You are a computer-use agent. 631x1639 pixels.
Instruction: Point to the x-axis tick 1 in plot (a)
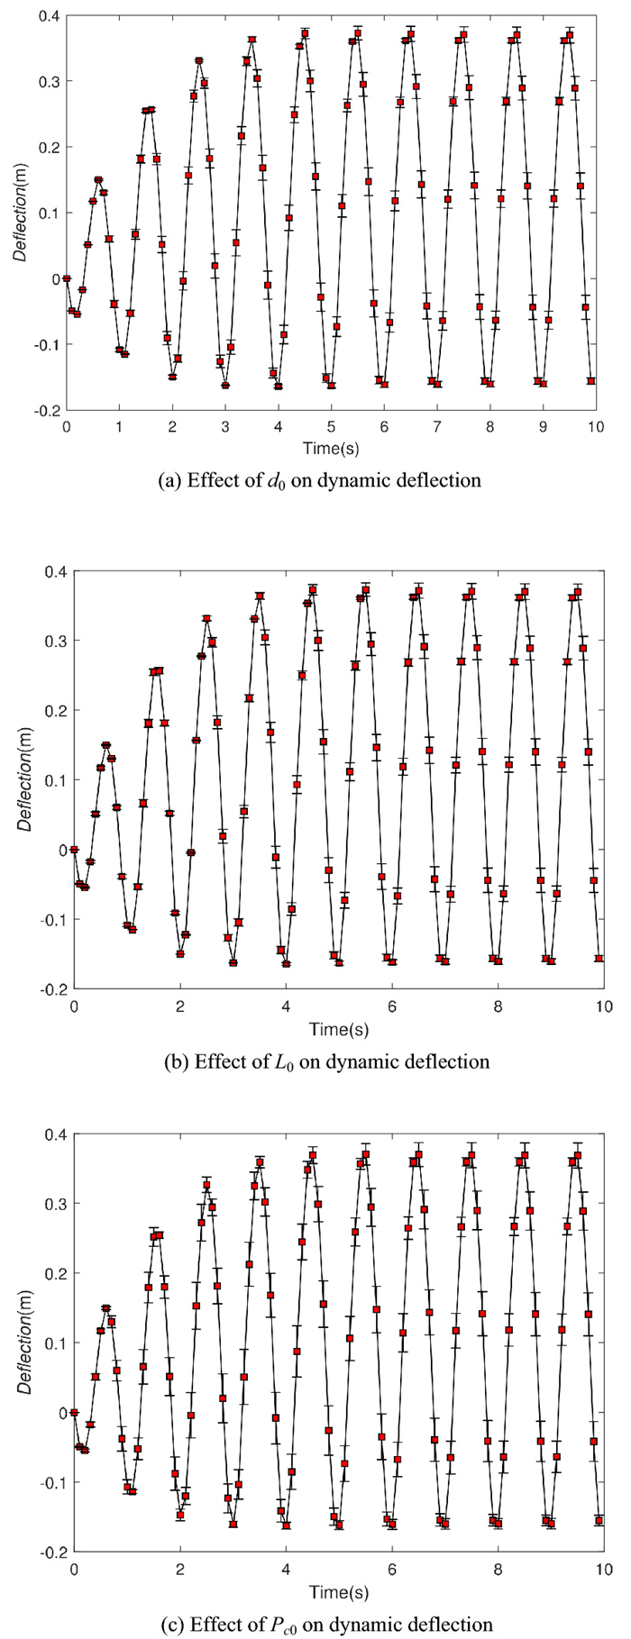119,426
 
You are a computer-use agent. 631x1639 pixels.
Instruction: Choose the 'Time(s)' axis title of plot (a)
330,446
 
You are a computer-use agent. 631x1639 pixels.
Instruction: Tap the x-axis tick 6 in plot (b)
391,1006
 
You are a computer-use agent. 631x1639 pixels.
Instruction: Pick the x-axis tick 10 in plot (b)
603,1006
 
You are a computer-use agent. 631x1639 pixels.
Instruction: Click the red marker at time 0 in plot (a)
67,278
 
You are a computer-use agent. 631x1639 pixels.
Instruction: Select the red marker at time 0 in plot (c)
74,1412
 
